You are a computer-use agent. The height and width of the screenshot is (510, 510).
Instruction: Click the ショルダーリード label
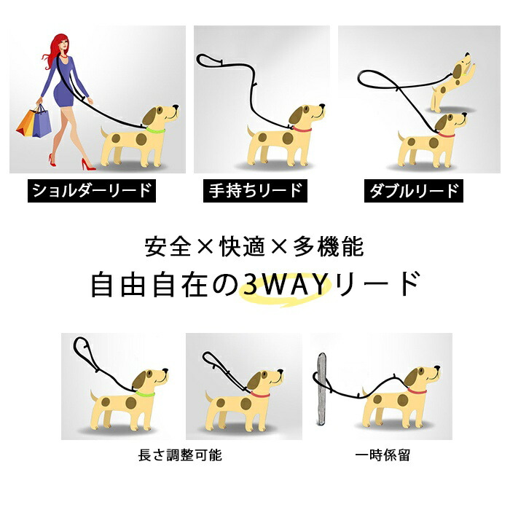(x=92, y=191)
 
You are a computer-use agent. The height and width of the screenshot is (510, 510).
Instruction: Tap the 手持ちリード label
(x=255, y=191)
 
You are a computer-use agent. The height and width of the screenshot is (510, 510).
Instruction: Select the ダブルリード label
(x=414, y=191)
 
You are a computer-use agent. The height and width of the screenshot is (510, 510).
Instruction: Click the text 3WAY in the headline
(x=286, y=284)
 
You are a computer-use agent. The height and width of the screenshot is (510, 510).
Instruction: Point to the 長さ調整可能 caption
(x=180, y=455)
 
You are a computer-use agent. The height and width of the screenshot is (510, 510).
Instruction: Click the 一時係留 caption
(x=382, y=455)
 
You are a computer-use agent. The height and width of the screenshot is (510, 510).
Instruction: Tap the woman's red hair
(x=54, y=49)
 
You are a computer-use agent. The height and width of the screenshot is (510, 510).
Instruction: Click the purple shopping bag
(x=42, y=123)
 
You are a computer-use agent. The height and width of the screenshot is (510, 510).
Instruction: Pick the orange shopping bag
(x=26, y=123)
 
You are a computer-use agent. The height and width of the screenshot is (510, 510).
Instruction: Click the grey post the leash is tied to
(x=321, y=389)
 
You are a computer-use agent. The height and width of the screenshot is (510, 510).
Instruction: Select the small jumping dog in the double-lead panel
(x=452, y=84)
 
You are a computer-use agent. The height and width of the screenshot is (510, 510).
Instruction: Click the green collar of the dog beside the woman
(x=155, y=130)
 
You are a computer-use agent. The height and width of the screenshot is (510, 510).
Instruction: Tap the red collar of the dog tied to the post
(x=417, y=391)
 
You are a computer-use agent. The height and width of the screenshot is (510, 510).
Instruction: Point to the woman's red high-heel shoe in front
(x=88, y=165)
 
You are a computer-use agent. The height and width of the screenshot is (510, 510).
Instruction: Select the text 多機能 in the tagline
(x=329, y=247)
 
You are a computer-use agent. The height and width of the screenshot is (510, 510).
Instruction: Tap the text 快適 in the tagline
(x=243, y=247)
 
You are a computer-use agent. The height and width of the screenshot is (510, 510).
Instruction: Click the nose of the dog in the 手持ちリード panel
(x=322, y=106)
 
